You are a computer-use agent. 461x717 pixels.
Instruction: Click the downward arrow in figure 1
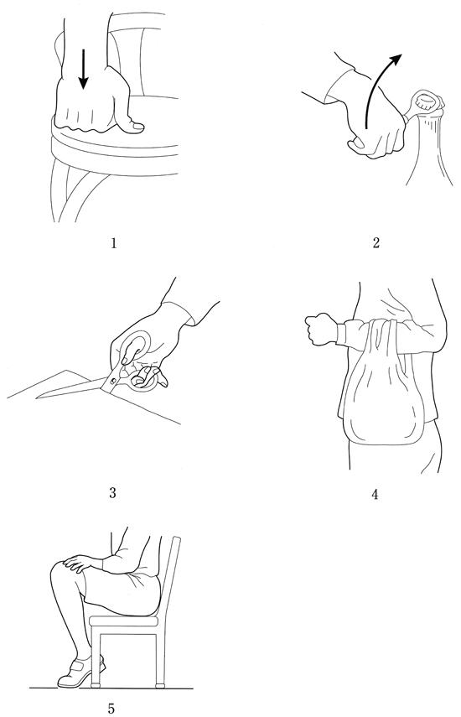[83, 69]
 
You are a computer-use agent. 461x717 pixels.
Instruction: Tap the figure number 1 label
[114, 243]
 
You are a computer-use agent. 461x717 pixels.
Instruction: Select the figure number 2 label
[376, 243]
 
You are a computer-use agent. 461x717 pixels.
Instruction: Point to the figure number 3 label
[113, 493]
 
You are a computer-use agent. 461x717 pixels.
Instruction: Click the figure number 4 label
[375, 494]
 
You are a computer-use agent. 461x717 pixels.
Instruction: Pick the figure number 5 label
[111, 709]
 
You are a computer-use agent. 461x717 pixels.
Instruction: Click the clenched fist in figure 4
[321, 329]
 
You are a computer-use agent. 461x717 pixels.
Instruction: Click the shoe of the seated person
[80, 673]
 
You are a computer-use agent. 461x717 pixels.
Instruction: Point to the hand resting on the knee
[80, 562]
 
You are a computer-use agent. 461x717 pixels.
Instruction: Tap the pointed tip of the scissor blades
[37, 397]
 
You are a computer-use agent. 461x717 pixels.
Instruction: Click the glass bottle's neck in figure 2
[429, 138]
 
